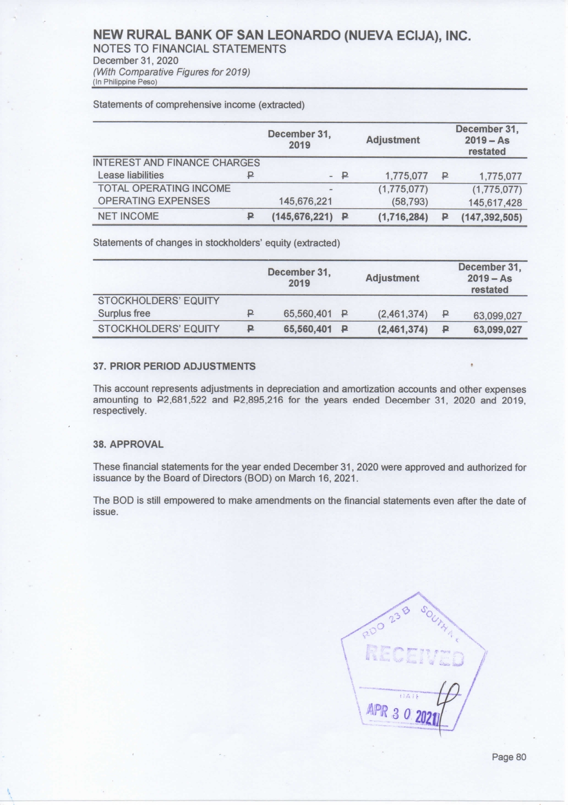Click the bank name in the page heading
pyautogui.click(x=282, y=36)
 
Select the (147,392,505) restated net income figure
pyautogui.click(x=492, y=217)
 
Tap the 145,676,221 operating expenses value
pyautogui.click(x=306, y=201)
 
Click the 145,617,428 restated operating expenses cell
pyautogui.click(x=495, y=202)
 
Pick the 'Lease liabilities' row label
pyautogui.click(x=131, y=175)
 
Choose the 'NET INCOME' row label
pyautogui.click(x=128, y=217)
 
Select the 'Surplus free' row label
pyautogui.click(x=124, y=314)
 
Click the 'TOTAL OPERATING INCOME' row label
pyautogui.click(x=164, y=189)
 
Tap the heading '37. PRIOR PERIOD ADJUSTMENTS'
pyautogui.click(x=174, y=366)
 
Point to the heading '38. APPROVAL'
pyautogui.click(x=128, y=444)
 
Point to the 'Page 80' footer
pyautogui.click(x=509, y=757)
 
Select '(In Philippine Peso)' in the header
pyautogui.click(x=125, y=82)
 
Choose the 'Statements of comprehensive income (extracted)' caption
pyautogui.click(x=199, y=105)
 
